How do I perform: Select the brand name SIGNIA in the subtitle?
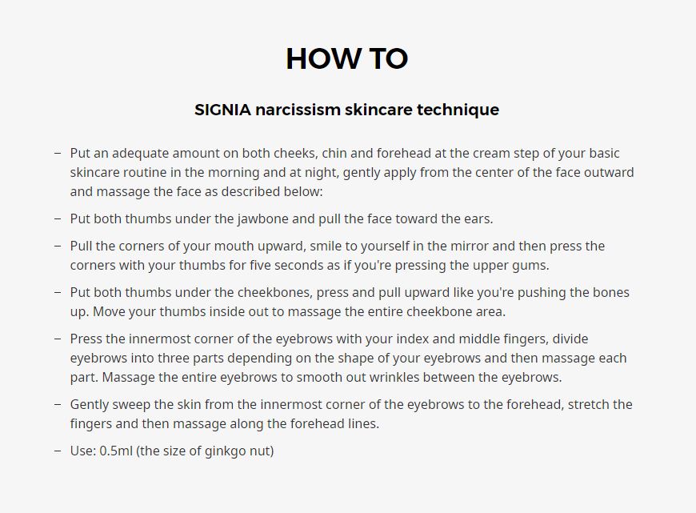[223, 110]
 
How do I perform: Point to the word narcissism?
[298, 110]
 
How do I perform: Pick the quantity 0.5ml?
[116, 451]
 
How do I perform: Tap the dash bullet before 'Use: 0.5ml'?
[58, 451]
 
